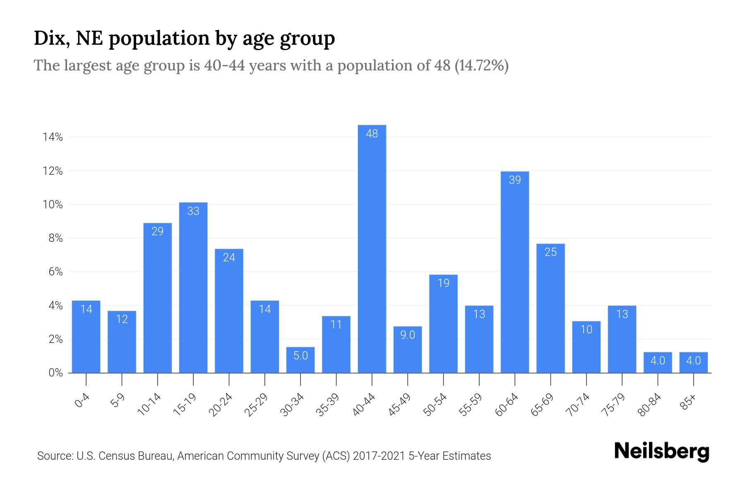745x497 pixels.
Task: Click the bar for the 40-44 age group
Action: coord(372,248)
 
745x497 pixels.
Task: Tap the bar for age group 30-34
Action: coord(300,360)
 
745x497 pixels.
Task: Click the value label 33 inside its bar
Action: coord(193,211)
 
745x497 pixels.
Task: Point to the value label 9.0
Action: coord(407,335)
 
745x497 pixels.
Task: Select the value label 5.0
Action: coord(300,355)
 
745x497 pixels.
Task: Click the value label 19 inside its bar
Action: coord(443,283)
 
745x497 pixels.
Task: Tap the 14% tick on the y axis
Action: coord(53,138)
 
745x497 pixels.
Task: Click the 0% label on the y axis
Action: coord(55,373)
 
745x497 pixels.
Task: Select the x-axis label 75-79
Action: coord(614,405)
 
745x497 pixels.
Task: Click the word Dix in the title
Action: coord(47,38)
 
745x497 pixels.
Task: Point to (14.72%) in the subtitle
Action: coord(481,65)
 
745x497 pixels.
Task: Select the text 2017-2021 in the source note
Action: coord(379,456)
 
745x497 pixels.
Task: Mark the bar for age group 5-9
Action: coord(122,342)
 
